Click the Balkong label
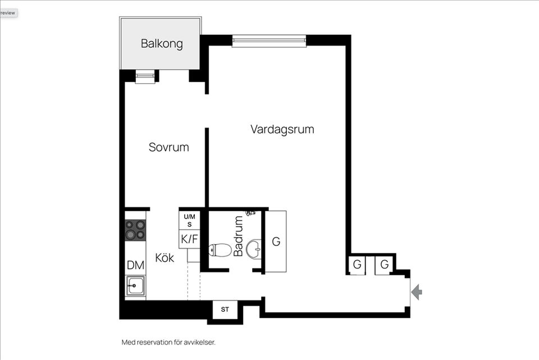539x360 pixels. [162, 43]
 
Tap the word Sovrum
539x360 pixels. [168, 147]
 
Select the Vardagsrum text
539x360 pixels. [282, 129]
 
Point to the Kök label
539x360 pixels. [165, 258]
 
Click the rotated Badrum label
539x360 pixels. [239, 236]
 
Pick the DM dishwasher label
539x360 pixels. [135, 265]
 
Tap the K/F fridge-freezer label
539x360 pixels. [189, 239]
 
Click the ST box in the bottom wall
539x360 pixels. [225, 309]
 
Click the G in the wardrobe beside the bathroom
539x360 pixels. [276, 241]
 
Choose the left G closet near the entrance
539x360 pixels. [357, 265]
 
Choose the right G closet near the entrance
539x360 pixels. [385, 265]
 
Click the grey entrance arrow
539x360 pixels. [417, 292]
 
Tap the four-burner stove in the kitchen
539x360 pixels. [135, 230]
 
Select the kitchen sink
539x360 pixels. [135, 286]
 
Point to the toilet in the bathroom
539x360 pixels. [220, 250]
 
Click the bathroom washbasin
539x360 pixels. [255, 248]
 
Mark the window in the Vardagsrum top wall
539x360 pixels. [269, 40]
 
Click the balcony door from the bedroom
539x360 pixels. [145, 78]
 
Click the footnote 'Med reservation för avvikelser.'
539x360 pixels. [168, 342]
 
